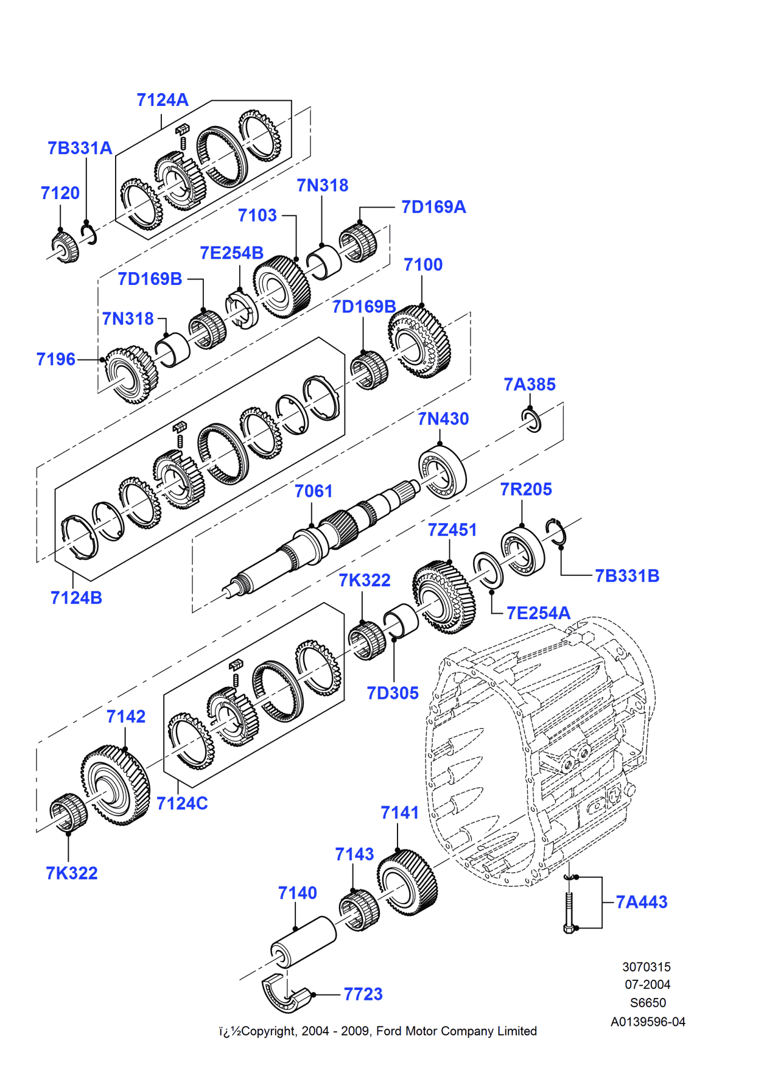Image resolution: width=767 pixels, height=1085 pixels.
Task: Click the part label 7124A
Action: pyautogui.click(x=162, y=100)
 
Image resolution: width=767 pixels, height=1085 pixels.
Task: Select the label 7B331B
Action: pyautogui.click(x=626, y=575)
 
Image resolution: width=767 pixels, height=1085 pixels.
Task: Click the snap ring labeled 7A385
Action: pyautogui.click(x=531, y=420)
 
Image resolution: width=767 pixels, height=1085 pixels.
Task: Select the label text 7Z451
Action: pyautogui.click(x=452, y=530)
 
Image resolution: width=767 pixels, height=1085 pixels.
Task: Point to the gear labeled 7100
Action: pyautogui.click(x=419, y=342)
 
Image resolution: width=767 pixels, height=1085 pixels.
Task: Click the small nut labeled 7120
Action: pyautogui.click(x=65, y=247)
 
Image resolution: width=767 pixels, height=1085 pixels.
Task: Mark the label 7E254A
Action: pyautogui.click(x=538, y=613)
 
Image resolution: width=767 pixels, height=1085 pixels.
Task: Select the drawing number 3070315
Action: pyautogui.click(x=646, y=967)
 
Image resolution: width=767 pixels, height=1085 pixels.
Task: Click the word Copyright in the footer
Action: pyautogui.click(x=268, y=1031)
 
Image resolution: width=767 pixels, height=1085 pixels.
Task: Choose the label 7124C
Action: pyautogui.click(x=181, y=803)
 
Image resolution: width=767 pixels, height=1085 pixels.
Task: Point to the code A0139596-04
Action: pyautogui.click(x=648, y=1022)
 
